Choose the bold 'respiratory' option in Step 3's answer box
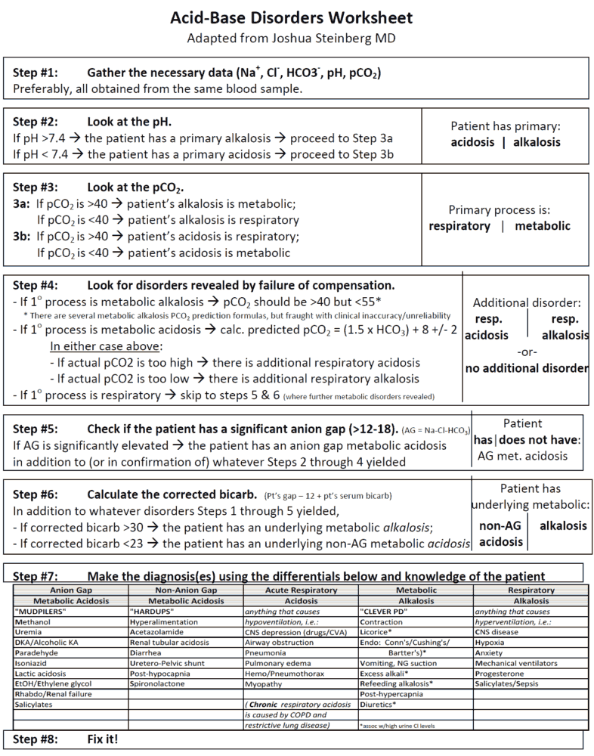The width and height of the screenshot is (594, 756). (x=459, y=226)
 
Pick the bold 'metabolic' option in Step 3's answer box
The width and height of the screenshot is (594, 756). (x=543, y=226)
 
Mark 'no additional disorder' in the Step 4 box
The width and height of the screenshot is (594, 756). (x=526, y=369)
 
